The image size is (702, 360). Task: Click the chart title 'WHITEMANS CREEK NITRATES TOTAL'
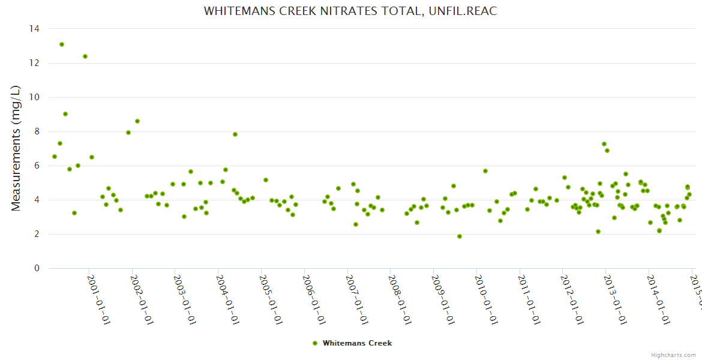pos(350,11)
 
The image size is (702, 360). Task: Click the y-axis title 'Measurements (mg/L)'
pos(16,148)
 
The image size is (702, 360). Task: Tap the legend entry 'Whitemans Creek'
pos(357,343)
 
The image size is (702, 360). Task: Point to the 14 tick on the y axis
pos(35,29)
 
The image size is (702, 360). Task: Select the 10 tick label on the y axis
pos(35,97)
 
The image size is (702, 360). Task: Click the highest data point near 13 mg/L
pos(62,44)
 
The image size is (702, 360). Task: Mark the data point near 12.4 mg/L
pos(85,56)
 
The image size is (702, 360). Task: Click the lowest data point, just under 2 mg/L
pos(460,236)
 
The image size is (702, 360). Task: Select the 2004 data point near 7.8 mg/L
pos(235,134)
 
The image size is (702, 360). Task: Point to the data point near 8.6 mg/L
pos(137,121)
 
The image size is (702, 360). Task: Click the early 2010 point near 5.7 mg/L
pos(485,171)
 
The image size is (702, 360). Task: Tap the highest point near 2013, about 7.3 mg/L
pos(604,144)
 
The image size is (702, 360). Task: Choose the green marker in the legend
pos(315,343)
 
